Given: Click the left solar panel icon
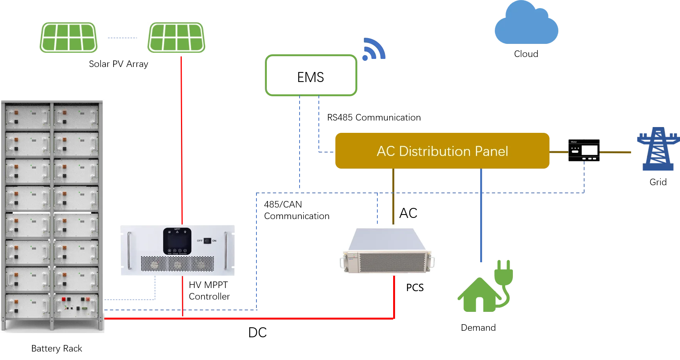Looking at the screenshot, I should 68,38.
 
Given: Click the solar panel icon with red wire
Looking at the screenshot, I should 176,38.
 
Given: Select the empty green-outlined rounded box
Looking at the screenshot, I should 311,75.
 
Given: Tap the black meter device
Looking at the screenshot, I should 583,151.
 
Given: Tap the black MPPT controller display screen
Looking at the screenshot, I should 177,241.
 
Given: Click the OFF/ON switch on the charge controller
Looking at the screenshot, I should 207,241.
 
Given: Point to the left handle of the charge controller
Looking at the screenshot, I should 130,250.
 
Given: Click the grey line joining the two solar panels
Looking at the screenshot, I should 123,39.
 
